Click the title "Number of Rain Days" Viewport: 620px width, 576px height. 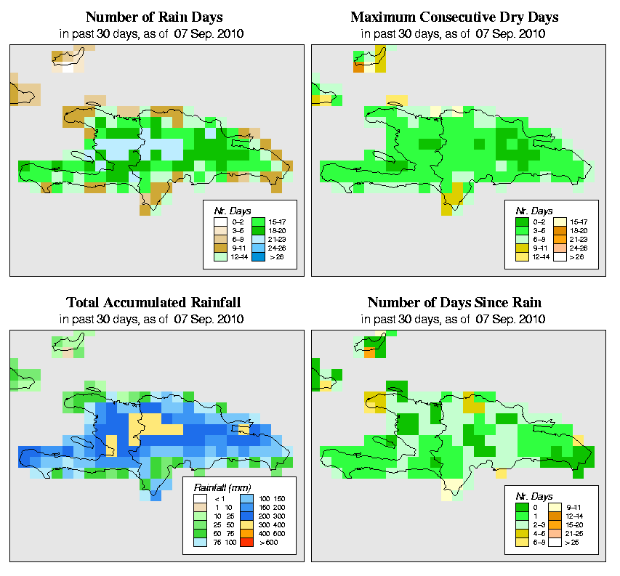154,17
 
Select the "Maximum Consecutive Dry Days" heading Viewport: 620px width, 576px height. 454,17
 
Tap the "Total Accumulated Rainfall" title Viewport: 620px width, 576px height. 154,302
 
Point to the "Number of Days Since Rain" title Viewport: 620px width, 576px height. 454,302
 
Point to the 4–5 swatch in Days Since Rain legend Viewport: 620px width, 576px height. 520,533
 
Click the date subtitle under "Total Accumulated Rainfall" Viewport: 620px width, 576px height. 154,319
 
